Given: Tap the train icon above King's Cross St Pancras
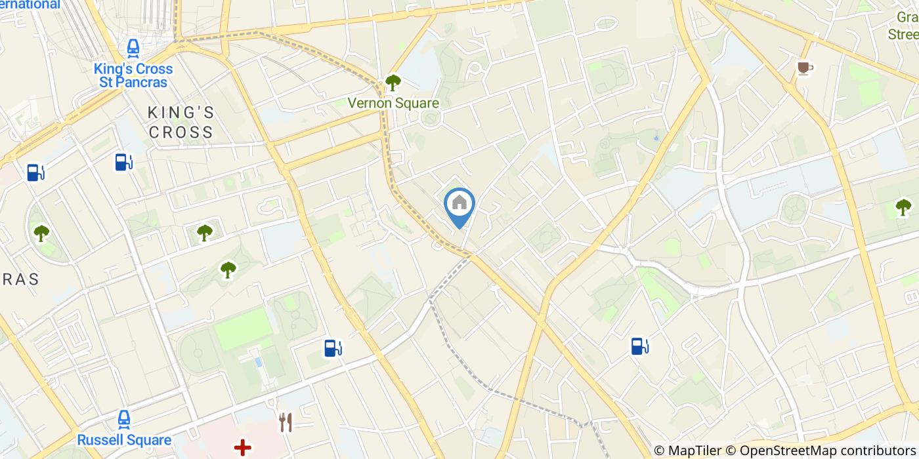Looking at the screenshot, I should [x=133, y=48].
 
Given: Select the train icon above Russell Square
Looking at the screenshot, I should [x=124, y=419].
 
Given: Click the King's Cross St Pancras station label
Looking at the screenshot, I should [x=133, y=75].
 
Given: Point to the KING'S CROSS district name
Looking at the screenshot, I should [x=181, y=122].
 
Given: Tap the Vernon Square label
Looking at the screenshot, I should [x=393, y=103].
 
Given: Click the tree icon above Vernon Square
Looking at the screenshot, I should [x=393, y=83].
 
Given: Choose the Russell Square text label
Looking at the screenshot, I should [x=124, y=440].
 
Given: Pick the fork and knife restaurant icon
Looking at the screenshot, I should [x=286, y=423].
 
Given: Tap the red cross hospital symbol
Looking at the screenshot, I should [x=243, y=448].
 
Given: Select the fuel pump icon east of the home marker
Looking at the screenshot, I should [x=640, y=346].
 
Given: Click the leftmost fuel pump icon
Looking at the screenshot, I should [x=35, y=172].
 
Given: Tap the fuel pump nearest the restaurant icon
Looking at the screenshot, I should [x=333, y=348].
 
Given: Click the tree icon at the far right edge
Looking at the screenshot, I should [x=903, y=207].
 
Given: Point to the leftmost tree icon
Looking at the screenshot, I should [x=41, y=232].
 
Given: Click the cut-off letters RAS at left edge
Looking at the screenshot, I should [x=19, y=279].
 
